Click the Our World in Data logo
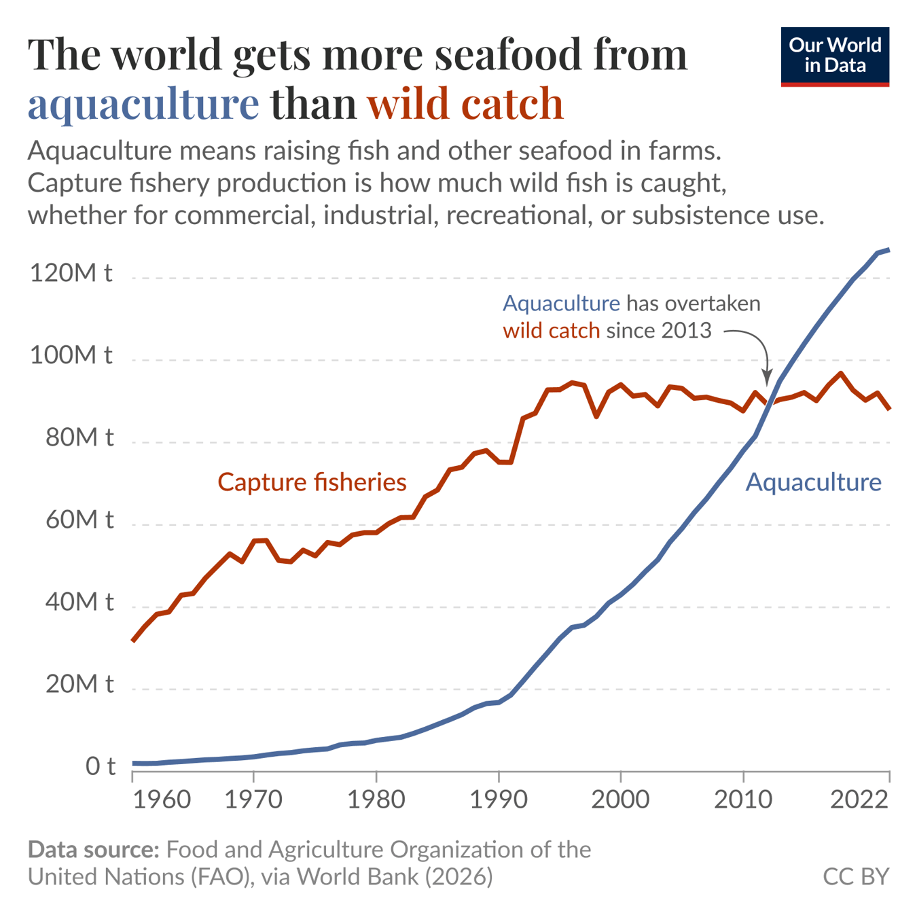click(834, 56)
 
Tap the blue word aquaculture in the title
click(143, 104)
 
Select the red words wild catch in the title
click(465, 104)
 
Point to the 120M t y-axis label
click(71, 273)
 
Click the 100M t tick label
click(71, 355)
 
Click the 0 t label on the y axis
click(101, 766)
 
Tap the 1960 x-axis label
click(162, 799)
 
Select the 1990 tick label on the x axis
click(499, 799)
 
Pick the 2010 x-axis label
click(743, 799)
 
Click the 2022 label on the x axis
click(859, 799)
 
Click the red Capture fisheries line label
click(312, 482)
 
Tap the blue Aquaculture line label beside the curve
click(813, 482)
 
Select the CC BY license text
click(855, 876)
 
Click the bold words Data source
click(93, 850)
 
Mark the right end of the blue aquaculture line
click(888, 250)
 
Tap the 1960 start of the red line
click(133, 640)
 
